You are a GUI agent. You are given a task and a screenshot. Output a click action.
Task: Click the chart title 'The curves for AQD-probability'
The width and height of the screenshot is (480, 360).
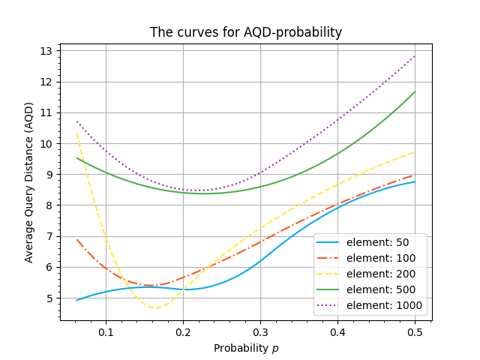point(246,32)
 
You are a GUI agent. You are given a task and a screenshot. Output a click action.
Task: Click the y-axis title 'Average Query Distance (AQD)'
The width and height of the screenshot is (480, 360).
point(29,182)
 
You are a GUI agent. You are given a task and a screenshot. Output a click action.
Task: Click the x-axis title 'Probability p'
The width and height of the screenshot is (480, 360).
point(246,348)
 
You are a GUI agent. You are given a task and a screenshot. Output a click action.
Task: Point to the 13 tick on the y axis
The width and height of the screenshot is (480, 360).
point(46,51)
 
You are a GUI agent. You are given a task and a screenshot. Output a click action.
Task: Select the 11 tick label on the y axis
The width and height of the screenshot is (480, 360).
point(46,112)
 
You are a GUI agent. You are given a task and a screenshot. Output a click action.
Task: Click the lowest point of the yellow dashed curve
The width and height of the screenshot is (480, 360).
point(156,307)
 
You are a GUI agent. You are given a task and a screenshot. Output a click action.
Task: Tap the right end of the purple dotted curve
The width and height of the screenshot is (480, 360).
point(415,55)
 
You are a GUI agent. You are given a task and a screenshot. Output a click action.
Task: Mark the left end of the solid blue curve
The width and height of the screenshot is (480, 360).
point(76,300)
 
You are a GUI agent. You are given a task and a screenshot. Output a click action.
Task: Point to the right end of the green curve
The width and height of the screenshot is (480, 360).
point(415,91)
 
